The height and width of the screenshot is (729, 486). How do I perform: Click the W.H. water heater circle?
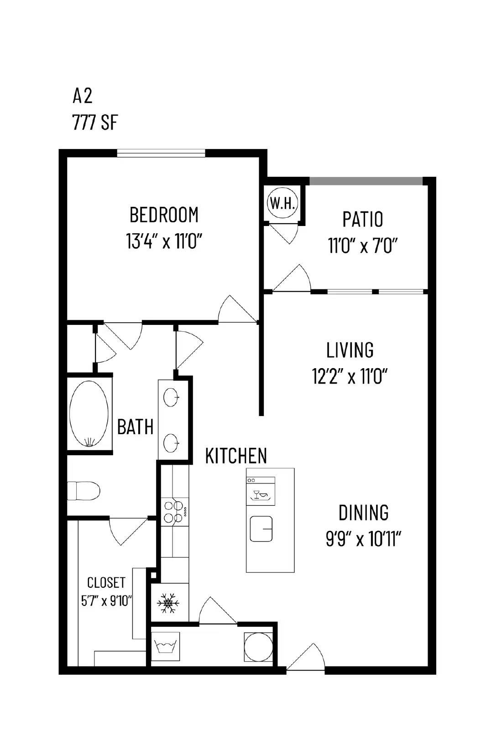(x=283, y=203)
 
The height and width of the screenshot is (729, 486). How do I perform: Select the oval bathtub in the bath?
(x=89, y=414)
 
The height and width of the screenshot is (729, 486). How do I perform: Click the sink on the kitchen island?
(x=261, y=529)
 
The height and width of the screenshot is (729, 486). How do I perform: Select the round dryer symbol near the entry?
(x=258, y=646)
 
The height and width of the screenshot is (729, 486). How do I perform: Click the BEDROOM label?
(x=164, y=215)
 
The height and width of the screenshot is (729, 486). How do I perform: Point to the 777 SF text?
(x=95, y=123)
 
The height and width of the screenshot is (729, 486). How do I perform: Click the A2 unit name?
(x=83, y=96)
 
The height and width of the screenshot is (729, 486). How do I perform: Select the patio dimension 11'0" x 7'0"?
(x=363, y=246)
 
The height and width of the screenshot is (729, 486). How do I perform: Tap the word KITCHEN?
(x=236, y=456)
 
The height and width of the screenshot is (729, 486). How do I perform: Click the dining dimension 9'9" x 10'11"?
(x=363, y=539)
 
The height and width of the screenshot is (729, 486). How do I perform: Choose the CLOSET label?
(x=106, y=582)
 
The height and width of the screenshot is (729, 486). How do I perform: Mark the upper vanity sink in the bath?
(x=172, y=397)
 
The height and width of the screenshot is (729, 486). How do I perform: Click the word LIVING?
(x=350, y=350)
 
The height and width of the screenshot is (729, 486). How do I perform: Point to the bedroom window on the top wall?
(x=161, y=153)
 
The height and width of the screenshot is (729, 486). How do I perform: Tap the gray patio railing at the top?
(x=366, y=181)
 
